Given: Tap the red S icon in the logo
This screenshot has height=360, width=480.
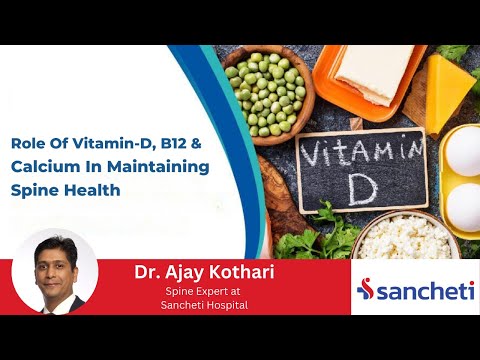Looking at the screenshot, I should point(367,289).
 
